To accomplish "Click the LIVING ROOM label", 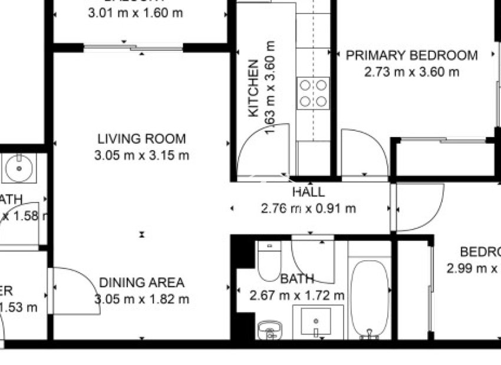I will click(141, 139).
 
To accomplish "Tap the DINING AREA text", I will click(141, 283).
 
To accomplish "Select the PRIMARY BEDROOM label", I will click(411, 55).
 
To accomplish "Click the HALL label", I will click(308, 192).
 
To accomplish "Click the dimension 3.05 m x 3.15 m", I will click(141, 155).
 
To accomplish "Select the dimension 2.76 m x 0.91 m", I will click(308, 208).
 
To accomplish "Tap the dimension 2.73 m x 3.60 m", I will click(411, 72).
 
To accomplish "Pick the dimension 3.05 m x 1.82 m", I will click(141, 299).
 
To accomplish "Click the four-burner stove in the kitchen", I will click(313, 93).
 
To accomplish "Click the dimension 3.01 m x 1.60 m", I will click(136, 13).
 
